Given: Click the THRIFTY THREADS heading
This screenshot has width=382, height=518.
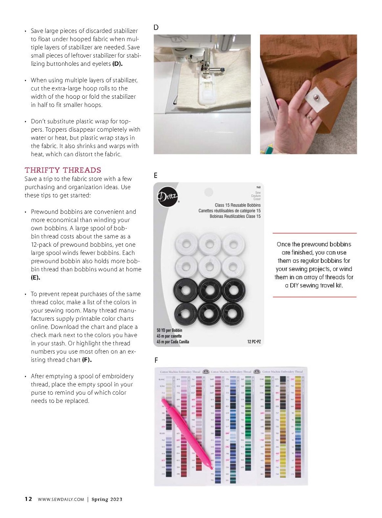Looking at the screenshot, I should pyautogui.click(x=63, y=170).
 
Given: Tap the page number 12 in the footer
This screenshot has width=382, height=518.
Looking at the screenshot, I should pyautogui.click(x=28, y=499).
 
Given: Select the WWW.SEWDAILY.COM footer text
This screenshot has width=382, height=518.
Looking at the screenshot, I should pyautogui.click(x=61, y=499).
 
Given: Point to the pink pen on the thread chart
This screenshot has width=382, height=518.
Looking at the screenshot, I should pyautogui.click(x=186, y=432).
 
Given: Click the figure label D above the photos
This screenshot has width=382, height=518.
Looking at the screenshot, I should pyautogui.click(x=156, y=28).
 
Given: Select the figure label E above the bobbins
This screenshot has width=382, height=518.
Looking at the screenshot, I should pyautogui.click(x=155, y=176).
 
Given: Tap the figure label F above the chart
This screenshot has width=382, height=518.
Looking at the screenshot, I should pyautogui.click(x=156, y=360).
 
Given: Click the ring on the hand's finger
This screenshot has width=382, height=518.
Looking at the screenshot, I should pyautogui.click(x=309, y=118).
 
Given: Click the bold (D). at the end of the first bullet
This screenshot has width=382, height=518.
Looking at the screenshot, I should pyautogui.click(x=117, y=64).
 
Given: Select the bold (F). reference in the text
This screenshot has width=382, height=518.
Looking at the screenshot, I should pyautogui.click(x=87, y=360).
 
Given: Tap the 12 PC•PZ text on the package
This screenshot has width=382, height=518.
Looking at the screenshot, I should pyautogui.click(x=254, y=342).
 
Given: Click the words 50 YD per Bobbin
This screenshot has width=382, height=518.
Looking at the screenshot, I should pyautogui.click(x=169, y=330).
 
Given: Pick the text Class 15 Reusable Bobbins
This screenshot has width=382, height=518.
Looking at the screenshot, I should pyautogui.click(x=238, y=205).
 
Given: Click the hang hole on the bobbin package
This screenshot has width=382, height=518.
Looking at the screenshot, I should pyautogui.click(x=208, y=192).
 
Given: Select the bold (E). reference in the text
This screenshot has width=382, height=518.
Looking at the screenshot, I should pyautogui.click(x=36, y=278).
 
